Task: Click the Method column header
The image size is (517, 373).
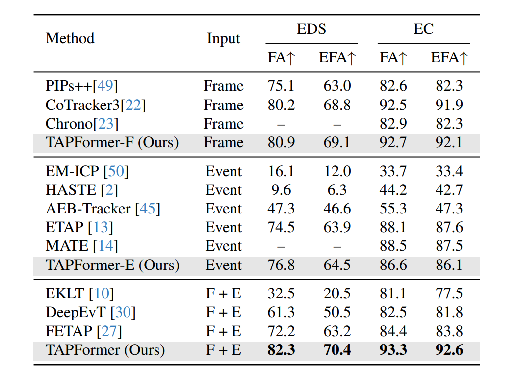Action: coord(70,38)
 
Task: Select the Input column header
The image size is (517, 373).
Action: coord(224,39)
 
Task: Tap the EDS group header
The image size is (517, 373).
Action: coord(311,29)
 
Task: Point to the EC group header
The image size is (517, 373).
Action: coord(423,29)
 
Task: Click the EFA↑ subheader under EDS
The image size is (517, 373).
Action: coord(337,58)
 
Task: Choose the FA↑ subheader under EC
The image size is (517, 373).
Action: coord(393,58)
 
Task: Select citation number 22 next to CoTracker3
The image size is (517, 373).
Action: coord(136,105)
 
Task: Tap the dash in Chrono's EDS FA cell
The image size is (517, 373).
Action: coord(281,124)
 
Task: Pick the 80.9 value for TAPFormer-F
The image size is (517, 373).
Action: coord(281,143)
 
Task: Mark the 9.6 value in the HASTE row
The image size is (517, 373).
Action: coord(281,190)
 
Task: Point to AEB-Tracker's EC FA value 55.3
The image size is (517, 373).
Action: coord(393,209)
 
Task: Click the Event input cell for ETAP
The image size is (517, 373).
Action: coord(224,227)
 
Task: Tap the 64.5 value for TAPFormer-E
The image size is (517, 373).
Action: coord(337,265)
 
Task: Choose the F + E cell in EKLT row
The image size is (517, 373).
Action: coord(224,293)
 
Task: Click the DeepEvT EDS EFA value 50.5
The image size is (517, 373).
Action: coord(337,312)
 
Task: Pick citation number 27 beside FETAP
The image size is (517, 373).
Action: coord(111,331)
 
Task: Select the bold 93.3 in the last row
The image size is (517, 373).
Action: coord(393,350)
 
